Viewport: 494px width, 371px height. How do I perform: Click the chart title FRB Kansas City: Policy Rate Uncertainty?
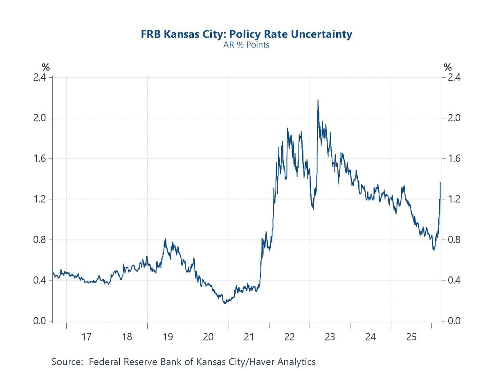tap(246, 34)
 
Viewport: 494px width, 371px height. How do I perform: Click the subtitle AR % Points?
tap(246, 45)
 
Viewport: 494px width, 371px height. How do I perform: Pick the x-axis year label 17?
tap(86, 337)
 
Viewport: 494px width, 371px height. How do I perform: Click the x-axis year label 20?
tap(208, 337)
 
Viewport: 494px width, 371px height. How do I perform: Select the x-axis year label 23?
tap(330, 337)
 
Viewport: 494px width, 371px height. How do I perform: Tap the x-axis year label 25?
tap(411, 337)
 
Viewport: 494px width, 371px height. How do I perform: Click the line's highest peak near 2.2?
tap(318, 100)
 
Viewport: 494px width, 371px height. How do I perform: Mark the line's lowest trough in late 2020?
tap(225, 303)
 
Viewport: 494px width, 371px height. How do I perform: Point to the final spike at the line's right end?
tap(440, 182)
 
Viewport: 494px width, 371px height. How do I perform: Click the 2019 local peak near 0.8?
tap(165, 239)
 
